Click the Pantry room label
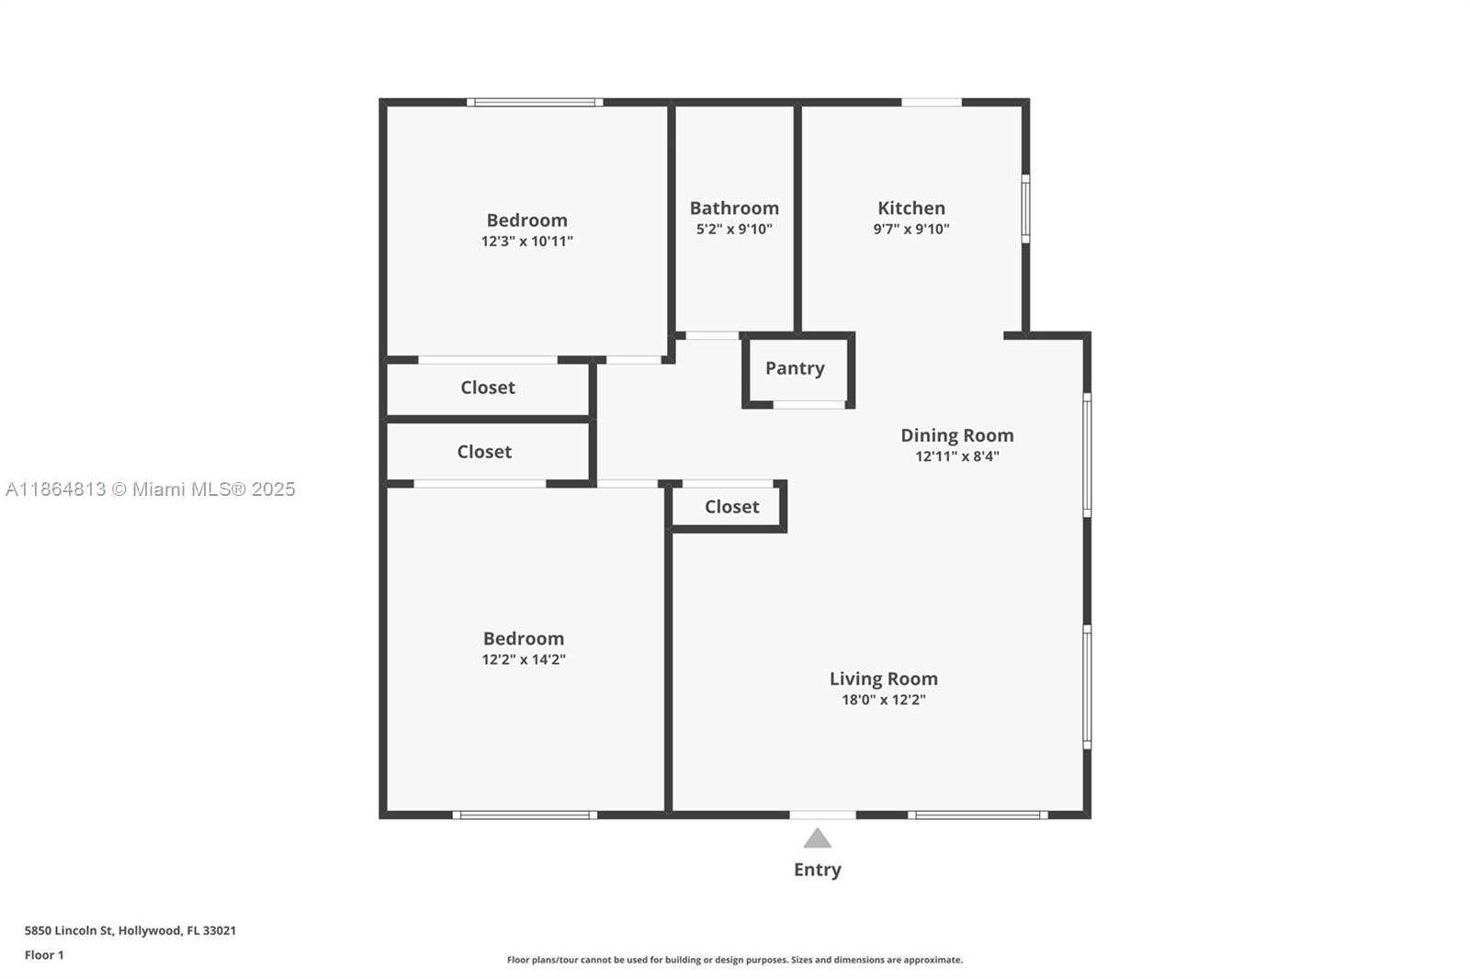click(x=795, y=368)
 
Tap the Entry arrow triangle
click(x=818, y=838)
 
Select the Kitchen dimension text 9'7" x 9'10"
click(x=910, y=230)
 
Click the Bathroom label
click(x=734, y=208)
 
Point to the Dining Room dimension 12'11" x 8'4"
click(x=956, y=456)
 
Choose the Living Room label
click(x=883, y=679)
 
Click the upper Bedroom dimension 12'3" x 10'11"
click(x=526, y=242)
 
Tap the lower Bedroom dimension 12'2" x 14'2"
click(x=524, y=659)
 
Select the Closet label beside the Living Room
click(x=731, y=507)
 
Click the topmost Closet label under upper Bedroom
click(x=487, y=388)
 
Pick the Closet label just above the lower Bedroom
click(x=484, y=452)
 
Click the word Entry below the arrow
click(x=817, y=870)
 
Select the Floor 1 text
click(x=44, y=955)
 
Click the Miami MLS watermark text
click(x=151, y=489)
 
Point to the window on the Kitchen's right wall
click(x=1025, y=209)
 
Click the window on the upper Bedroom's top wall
click(x=535, y=102)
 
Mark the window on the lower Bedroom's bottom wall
click(x=525, y=815)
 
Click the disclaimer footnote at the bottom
click(x=734, y=960)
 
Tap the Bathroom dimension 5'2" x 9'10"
click(x=734, y=230)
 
